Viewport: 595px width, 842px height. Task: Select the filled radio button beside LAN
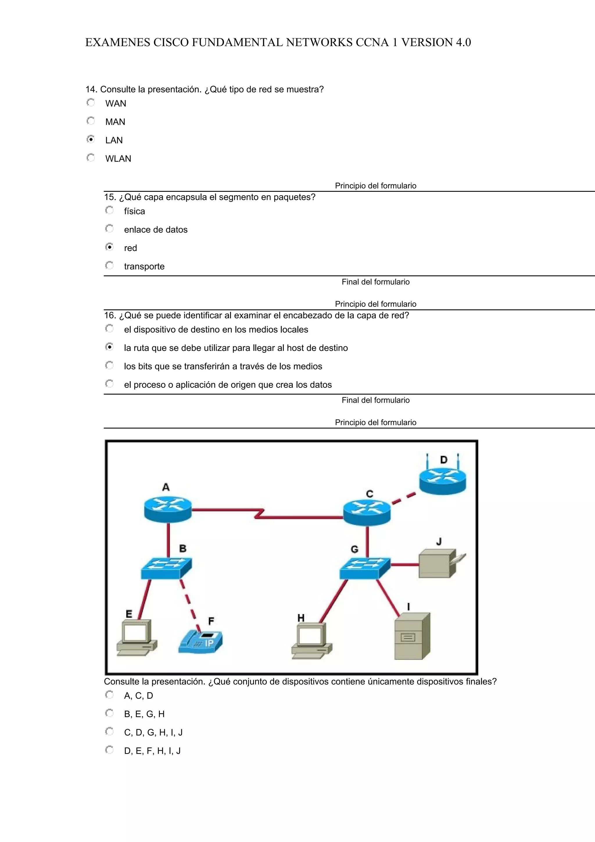[91, 139]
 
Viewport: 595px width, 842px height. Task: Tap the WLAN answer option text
[118, 159]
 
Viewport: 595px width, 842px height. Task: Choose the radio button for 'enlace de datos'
[109, 229]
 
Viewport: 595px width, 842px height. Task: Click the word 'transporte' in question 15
[144, 267]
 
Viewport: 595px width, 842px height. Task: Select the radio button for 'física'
[109, 210]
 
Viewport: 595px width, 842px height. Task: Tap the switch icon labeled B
[166, 568]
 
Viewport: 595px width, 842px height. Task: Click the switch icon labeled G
[365, 568]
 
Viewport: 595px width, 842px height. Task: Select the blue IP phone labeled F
[200, 642]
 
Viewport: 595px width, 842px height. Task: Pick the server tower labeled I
[412, 636]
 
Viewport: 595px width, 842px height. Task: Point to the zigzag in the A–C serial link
[259, 513]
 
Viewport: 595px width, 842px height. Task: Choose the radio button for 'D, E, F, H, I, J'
[109, 750]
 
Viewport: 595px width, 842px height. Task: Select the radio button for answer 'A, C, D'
[109, 695]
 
